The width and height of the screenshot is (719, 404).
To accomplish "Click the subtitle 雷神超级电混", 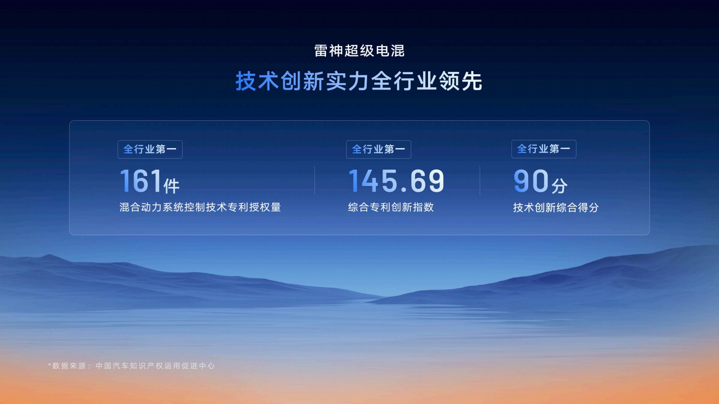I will (359, 51).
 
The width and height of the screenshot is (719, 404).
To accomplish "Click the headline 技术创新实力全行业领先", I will (359, 81).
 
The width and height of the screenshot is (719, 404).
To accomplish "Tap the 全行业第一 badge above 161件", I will (150, 150).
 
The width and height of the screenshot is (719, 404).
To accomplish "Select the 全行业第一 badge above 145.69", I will (379, 150).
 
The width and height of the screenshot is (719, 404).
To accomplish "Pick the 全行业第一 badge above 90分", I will (544, 149).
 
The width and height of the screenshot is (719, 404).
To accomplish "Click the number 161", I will (140, 181).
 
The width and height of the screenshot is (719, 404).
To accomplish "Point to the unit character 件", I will (172, 186).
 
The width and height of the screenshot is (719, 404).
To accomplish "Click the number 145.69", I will (396, 181).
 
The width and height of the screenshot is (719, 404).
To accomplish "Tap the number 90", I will (531, 181).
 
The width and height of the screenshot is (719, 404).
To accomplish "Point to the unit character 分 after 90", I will (559, 186).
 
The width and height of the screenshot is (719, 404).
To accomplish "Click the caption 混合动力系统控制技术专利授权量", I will (200, 208).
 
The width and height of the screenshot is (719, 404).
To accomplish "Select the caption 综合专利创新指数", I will (391, 208).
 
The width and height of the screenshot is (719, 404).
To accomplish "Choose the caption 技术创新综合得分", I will (556, 208).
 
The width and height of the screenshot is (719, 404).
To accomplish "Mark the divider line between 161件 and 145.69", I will (315, 180).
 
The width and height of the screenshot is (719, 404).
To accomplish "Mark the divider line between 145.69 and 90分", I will (480, 180).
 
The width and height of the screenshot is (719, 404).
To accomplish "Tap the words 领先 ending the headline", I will (461, 81).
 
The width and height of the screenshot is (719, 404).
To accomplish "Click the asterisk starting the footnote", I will (49, 365).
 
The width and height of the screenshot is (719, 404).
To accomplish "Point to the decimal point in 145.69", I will (404, 190).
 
